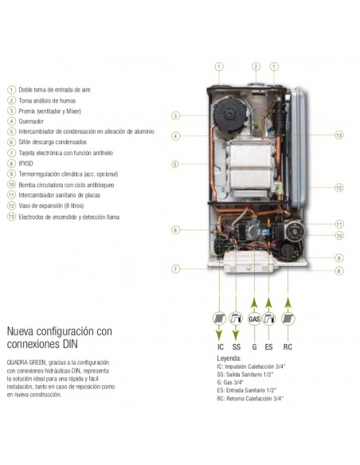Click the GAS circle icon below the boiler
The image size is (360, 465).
click(254, 318)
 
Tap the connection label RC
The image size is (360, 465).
click(288, 346)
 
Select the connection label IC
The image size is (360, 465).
click(221, 346)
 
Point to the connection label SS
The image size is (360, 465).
click(237, 346)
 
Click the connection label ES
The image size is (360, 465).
click(268, 346)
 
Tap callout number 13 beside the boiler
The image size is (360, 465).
click(339, 135)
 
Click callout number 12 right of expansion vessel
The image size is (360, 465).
click(339, 188)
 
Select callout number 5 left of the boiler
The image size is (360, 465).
click(175, 164)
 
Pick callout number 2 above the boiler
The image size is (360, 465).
click(256, 67)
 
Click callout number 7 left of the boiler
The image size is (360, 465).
click(175, 269)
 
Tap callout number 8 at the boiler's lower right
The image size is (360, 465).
click(339, 271)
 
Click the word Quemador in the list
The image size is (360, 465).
click(31, 121)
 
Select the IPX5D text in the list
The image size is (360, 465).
click(25, 163)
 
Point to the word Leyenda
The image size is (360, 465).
click(229, 358)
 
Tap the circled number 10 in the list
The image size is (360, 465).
click(11, 184)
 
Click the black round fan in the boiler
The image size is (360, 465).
click(229, 114)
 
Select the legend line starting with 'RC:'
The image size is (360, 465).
click(250, 398)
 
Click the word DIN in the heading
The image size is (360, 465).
click(71, 344)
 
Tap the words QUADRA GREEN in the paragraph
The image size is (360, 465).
click(26, 362)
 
